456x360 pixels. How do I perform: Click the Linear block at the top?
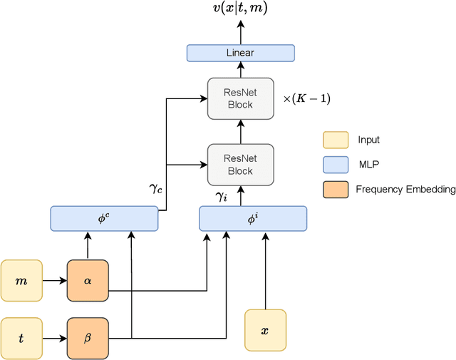[x=240, y=53]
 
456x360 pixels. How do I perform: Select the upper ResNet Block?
[x=240, y=98]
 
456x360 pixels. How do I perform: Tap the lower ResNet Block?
[x=240, y=165]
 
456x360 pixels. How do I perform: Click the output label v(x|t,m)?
[x=240, y=9]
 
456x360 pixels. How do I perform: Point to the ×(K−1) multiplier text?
[x=307, y=98]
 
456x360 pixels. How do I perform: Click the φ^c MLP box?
[x=104, y=218]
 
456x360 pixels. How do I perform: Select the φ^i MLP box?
[x=253, y=218]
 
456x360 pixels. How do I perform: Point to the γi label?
[x=221, y=195]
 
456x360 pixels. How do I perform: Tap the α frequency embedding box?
[x=88, y=281]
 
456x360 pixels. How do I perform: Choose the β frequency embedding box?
[x=88, y=337]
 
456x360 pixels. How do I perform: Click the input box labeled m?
[x=21, y=281]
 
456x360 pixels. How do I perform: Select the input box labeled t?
[x=21, y=337]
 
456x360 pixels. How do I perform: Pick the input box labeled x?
[x=265, y=330]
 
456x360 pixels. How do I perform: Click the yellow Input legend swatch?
[x=335, y=140]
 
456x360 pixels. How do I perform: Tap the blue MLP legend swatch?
[x=335, y=165]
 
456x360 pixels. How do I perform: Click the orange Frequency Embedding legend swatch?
[x=335, y=189]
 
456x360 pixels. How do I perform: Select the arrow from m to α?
[x=55, y=281]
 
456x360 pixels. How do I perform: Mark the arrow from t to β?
[x=55, y=337]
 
